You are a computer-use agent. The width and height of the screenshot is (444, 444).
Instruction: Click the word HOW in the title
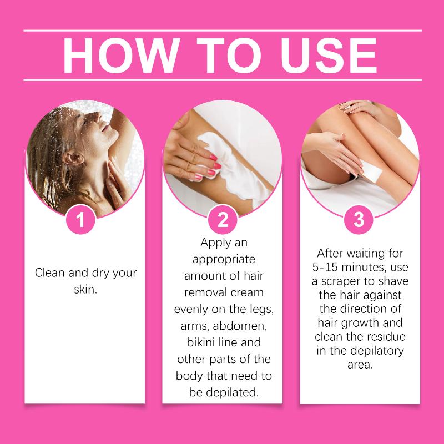point(121,56)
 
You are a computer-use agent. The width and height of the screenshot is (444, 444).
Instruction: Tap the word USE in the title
point(329,56)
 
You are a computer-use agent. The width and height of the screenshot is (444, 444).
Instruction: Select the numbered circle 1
point(80,219)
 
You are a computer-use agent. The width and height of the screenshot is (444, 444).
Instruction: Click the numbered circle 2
point(223,219)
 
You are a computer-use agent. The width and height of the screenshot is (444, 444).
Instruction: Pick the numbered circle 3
point(359,219)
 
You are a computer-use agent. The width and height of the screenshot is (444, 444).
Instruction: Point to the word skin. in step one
point(85,289)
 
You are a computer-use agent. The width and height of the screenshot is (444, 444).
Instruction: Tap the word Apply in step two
point(213,243)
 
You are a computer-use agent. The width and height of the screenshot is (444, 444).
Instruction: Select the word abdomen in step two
point(240,326)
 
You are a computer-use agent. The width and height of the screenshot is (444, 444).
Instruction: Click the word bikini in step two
point(200,342)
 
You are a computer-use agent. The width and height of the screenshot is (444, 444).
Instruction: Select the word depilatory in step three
point(377,351)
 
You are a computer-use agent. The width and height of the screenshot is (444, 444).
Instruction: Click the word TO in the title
point(229,56)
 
